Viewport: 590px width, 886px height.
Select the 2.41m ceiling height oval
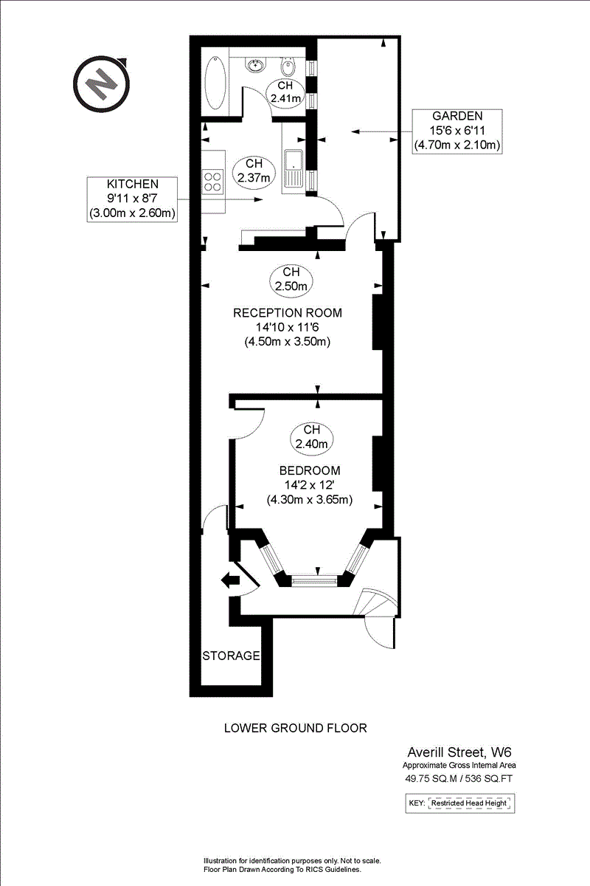pyautogui.click(x=285, y=92)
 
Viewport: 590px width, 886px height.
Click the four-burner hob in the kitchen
pyautogui.click(x=213, y=182)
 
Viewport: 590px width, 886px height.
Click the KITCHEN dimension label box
pyautogui.click(x=133, y=199)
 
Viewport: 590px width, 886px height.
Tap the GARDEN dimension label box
pyautogui.click(x=457, y=131)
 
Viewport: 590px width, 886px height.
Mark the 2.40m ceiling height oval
pyautogui.click(x=311, y=436)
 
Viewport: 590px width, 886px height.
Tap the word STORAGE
pyautogui.click(x=232, y=655)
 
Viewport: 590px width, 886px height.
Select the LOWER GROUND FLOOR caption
pyautogui.click(x=295, y=728)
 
